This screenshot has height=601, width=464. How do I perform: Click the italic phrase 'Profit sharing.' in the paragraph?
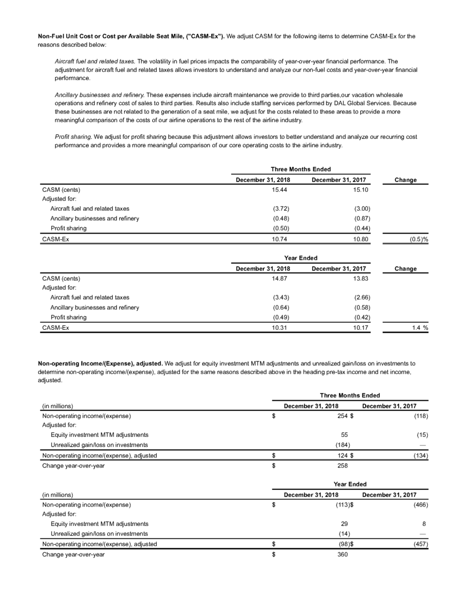coord(74,136)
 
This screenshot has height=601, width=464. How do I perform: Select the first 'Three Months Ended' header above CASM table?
coord(301,170)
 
